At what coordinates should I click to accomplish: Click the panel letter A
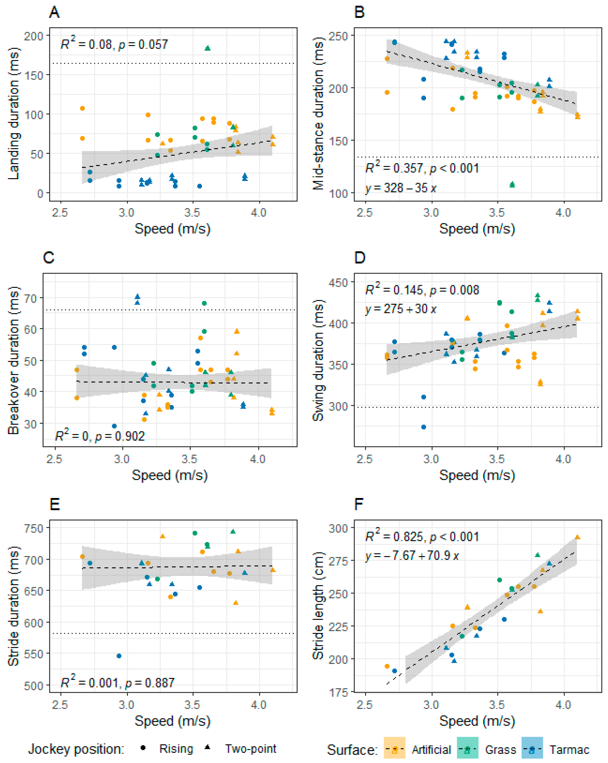[x=54, y=13]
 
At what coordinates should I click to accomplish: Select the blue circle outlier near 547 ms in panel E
[x=119, y=656]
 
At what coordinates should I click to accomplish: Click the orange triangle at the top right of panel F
[x=578, y=537]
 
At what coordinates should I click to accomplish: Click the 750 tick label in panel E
[x=34, y=528]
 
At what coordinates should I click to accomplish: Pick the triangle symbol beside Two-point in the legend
[x=208, y=747]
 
